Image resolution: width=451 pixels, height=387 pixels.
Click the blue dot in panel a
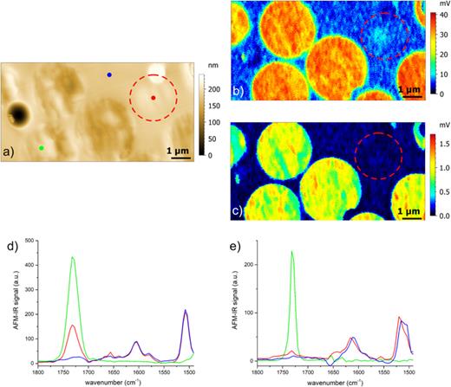(x=109, y=75)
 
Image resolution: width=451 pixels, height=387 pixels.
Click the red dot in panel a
(x=153, y=98)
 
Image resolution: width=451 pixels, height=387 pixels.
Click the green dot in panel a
(x=42, y=148)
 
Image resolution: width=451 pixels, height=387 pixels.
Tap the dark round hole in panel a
(x=18, y=113)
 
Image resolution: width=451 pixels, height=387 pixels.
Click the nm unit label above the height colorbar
(x=213, y=65)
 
